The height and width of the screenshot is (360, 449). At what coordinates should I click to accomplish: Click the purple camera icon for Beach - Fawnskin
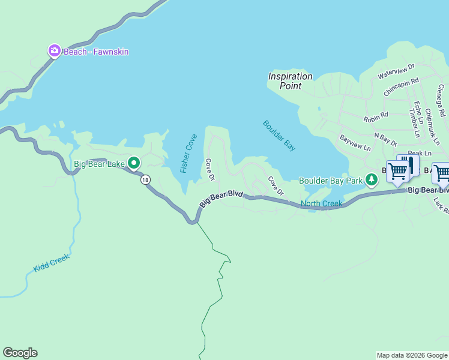[x=55, y=51]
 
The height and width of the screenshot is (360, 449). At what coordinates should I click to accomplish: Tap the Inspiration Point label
[x=291, y=81]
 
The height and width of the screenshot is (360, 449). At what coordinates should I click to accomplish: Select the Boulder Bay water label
[x=279, y=136]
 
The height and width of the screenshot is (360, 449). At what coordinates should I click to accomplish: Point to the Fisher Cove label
[x=188, y=154]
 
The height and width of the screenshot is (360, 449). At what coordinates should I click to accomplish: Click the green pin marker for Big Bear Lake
[x=134, y=163]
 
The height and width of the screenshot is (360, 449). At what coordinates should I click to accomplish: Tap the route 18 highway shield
[x=145, y=179]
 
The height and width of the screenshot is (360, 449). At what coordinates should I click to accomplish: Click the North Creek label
[x=321, y=204]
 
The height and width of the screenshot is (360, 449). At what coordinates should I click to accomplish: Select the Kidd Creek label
[x=52, y=263]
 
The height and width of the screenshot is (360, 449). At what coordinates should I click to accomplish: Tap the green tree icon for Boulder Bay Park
[x=372, y=179]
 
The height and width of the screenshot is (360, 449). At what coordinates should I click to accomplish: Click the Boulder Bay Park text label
[x=331, y=181]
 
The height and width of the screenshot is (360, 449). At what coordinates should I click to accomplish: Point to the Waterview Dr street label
[x=396, y=71]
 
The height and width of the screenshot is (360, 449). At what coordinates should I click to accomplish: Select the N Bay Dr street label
[x=385, y=140]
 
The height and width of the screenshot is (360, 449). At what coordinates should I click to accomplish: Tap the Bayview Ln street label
[x=355, y=143]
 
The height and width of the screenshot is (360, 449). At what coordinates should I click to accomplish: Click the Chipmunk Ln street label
[x=432, y=127]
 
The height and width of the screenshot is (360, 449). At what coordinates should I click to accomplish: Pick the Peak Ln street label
[x=420, y=154]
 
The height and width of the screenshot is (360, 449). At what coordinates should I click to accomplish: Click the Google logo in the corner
[x=20, y=353]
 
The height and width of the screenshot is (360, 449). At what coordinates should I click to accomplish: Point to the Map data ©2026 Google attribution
[x=412, y=355]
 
